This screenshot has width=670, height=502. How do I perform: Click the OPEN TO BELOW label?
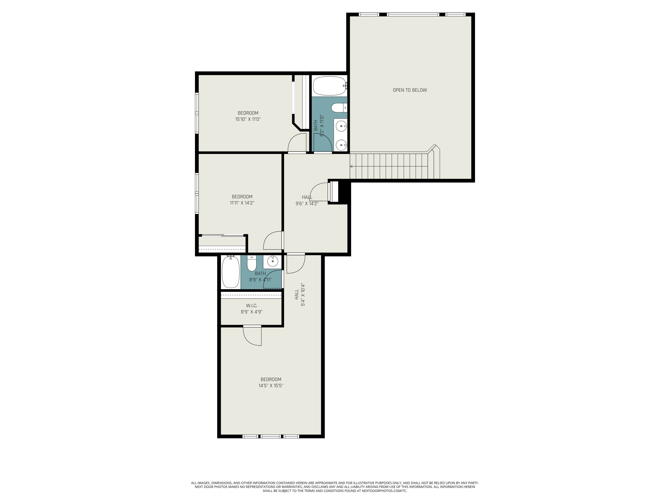[x=410, y=90]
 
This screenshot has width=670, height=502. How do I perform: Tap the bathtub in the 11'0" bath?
[x=329, y=86]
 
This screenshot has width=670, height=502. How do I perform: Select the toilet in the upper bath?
[x=339, y=107]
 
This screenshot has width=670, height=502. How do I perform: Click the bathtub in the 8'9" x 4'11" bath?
[x=231, y=272]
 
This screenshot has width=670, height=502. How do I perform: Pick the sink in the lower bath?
[x=273, y=261]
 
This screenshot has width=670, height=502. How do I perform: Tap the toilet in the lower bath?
[x=251, y=263]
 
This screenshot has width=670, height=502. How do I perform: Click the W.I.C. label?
[x=251, y=306]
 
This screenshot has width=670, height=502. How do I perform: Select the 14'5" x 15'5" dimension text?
[x=270, y=386]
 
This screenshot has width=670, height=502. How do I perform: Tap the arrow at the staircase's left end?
[x=351, y=166]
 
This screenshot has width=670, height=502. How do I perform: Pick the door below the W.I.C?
[x=253, y=336]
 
